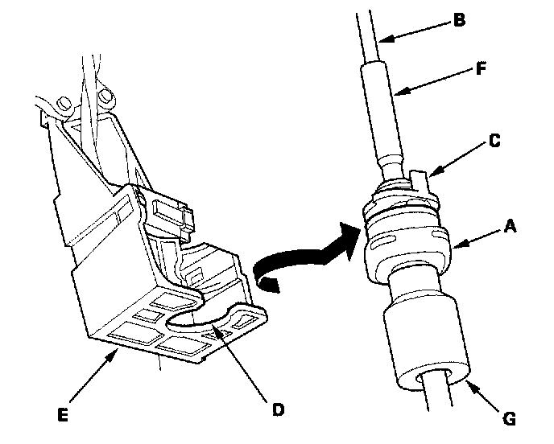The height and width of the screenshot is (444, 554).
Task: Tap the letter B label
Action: [x=459, y=19]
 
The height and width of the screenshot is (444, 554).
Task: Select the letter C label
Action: [x=494, y=142]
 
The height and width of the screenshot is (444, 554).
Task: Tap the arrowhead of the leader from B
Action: [x=380, y=36]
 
